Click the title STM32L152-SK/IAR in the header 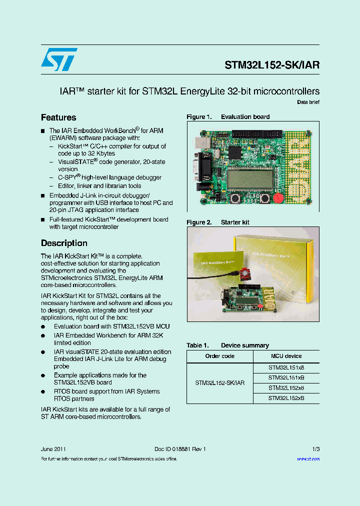click(x=272, y=65)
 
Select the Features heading click(x=58, y=117)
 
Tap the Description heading click(x=64, y=243)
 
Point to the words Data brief click(x=308, y=102)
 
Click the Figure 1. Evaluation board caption click(x=228, y=117)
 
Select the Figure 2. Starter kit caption click(x=218, y=222)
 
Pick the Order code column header click(x=220, y=356)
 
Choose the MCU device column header click(x=286, y=356)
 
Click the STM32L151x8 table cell click(x=286, y=367)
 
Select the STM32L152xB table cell click(x=286, y=398)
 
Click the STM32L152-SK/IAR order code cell click(x=220, y=383)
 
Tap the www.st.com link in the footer click(x=308, y=458)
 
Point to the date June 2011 click(x=53, y=449)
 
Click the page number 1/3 click(x=315, y=449)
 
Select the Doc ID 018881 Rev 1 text click(x=180, y=449)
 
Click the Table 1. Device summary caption click(x=227, y=345)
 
